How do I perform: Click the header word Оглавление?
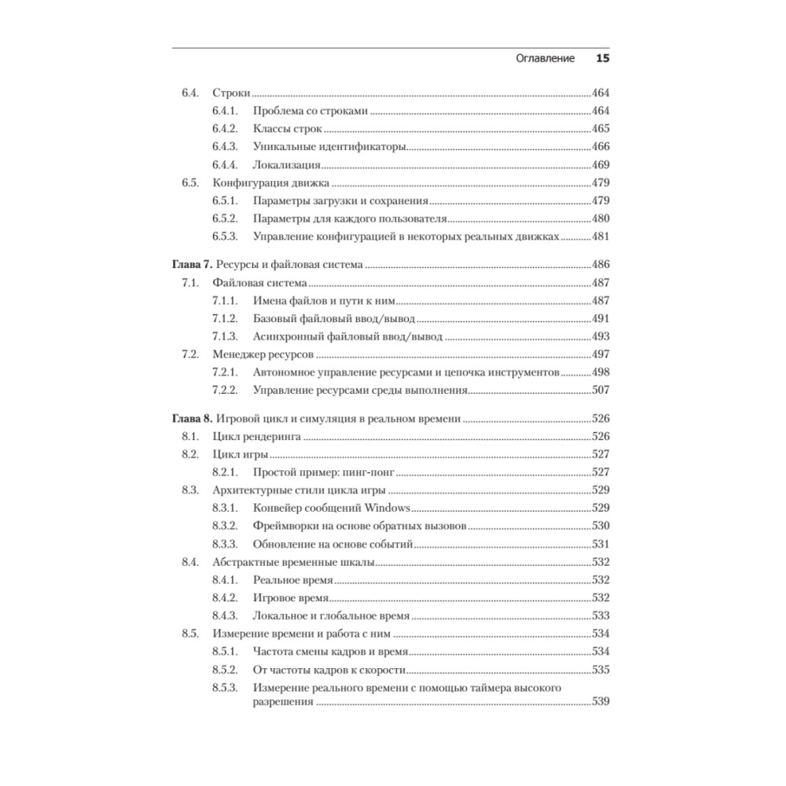point(545,58)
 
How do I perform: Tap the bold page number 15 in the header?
point(603,58)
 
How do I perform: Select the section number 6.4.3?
point(225,147)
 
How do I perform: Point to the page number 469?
point(601,165)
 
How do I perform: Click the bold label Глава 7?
point(192,265)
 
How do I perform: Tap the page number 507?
point(601,390)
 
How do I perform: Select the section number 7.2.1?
point(225,373)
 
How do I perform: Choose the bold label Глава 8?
point(192,419)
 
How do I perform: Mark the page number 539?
point(601,702)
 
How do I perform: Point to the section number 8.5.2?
point(225,670)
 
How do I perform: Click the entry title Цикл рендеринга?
point(256,436)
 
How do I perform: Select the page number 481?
point(601,237)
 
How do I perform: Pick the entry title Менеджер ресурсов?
point(263,354)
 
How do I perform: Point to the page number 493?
point(601,336)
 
